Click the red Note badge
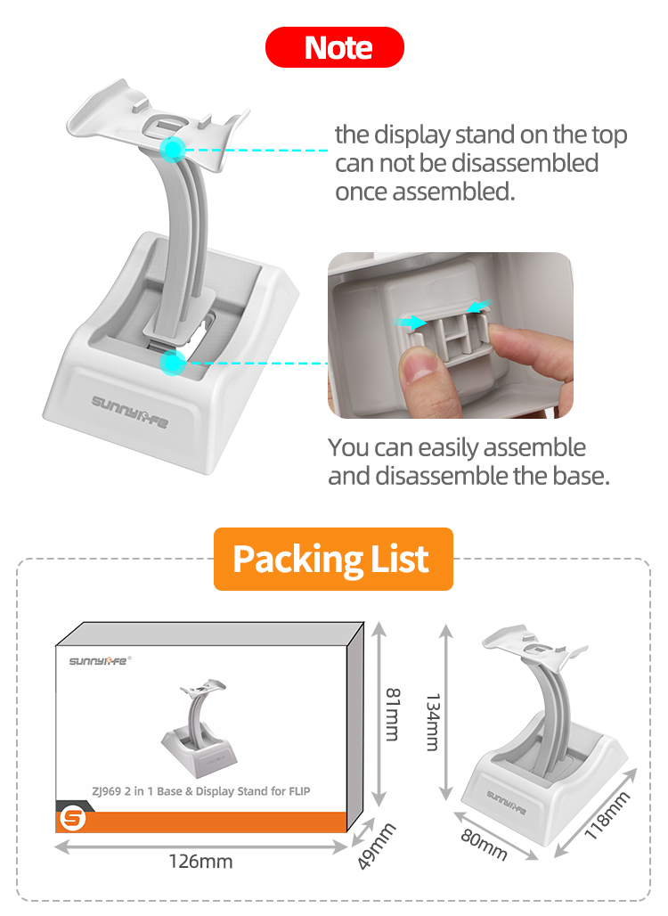coord(335,47)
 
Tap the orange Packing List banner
coord(333,559)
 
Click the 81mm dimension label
coord(393,715)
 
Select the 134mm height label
coord(433,722)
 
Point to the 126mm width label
coord(200,861)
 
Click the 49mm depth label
coord(377,846)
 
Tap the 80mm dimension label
coord(484,845)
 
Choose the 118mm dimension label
coord(607,815)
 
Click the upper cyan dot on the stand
coord(172,150)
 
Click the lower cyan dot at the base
coord(172,363)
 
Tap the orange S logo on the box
coord(72,819)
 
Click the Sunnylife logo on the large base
coord(130,411)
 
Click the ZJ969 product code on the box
coord(106,791)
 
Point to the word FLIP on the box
coord(299,791)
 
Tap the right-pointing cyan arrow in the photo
coord(411,322)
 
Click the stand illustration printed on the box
coord(200,727)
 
